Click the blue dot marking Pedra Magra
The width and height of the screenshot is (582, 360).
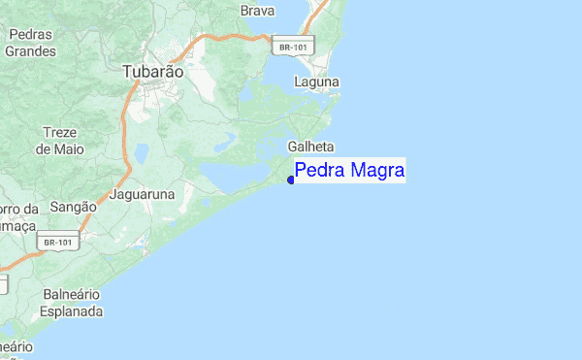(291, 180)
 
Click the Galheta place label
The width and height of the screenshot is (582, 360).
(310, 147)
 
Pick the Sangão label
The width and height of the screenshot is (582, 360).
(73, 207)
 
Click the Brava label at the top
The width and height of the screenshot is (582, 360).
(257, 11)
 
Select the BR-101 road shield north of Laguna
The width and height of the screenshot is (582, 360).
(293, 46)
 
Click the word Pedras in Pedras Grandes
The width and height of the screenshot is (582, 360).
(29, 35)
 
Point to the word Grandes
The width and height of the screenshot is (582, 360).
(30, 51)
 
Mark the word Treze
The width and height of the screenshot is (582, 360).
(60, 133)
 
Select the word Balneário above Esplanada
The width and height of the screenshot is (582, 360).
(73, 295)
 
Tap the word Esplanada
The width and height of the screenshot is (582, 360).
(71, 312)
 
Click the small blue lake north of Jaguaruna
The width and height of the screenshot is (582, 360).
(142, 152)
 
